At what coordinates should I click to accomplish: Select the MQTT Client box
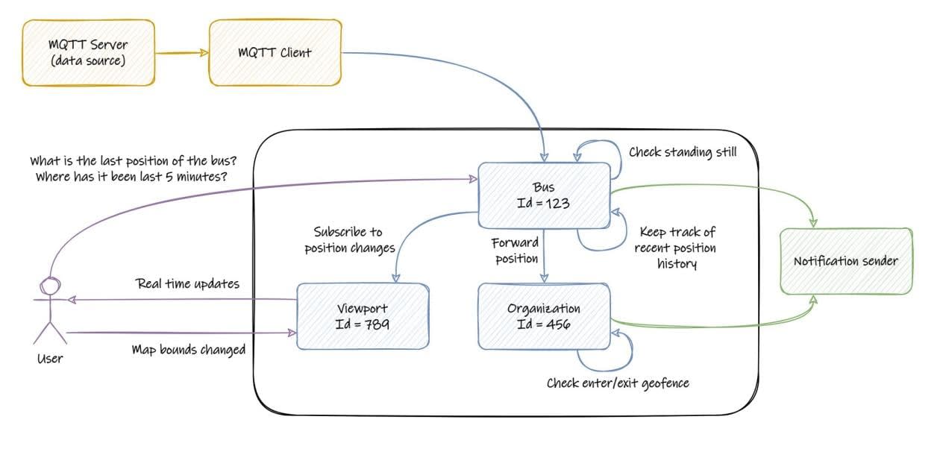(275, 52)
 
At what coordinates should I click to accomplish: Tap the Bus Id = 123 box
(544, 195)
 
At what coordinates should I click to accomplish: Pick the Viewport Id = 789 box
(363, 316)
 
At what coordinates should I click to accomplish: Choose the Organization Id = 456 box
(544, 316)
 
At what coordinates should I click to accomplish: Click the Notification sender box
(845, 261)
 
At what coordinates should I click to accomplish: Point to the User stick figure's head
(50, 287)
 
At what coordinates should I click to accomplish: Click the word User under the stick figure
(49, 359)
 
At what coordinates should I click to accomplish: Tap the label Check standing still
(683, 152)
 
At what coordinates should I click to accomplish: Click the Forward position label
(515, 251)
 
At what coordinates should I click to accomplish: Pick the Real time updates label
(188, 284)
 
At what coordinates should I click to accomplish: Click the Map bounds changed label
(188, 350)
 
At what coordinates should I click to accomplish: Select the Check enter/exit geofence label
(618, 383)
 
